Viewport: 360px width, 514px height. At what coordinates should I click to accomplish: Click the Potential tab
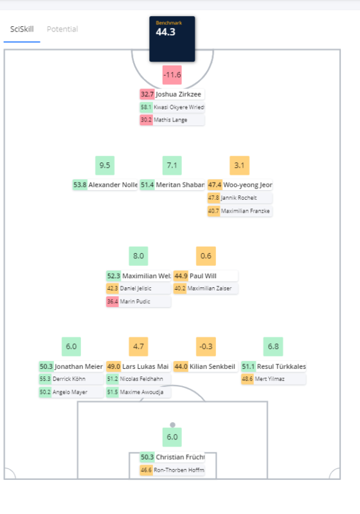[62, 29]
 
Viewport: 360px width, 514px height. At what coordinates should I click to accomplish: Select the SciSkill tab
[22, 29]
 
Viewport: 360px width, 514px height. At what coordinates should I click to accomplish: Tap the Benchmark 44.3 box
[172, 39]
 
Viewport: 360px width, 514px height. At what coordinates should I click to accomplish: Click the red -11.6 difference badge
[172, 75]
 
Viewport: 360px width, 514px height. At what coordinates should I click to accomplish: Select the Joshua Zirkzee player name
[178, 94]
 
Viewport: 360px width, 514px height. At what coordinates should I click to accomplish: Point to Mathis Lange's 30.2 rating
[146, 120]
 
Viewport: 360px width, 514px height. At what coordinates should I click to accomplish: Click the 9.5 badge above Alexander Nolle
[105, 165]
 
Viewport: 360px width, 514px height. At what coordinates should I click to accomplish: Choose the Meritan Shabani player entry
[172, 185]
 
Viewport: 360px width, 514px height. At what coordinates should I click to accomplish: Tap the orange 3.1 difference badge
[239, 165]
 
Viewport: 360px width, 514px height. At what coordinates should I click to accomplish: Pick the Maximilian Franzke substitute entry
[240, 211]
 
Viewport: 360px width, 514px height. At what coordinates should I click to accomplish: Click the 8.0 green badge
[138, 256]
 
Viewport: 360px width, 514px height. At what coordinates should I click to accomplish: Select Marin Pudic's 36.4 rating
[112, 301]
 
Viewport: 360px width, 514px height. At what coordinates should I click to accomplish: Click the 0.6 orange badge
[206, 256]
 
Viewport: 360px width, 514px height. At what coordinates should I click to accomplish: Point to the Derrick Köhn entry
[71, 379]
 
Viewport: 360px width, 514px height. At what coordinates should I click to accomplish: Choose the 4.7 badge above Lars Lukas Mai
[138, 346]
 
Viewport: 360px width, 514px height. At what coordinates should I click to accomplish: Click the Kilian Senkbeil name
[212, 366]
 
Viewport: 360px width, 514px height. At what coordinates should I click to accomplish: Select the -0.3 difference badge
[206, 346]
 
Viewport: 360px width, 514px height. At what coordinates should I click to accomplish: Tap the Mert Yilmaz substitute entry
[273, 379]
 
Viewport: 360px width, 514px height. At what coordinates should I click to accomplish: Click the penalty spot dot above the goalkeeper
[172, 425]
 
